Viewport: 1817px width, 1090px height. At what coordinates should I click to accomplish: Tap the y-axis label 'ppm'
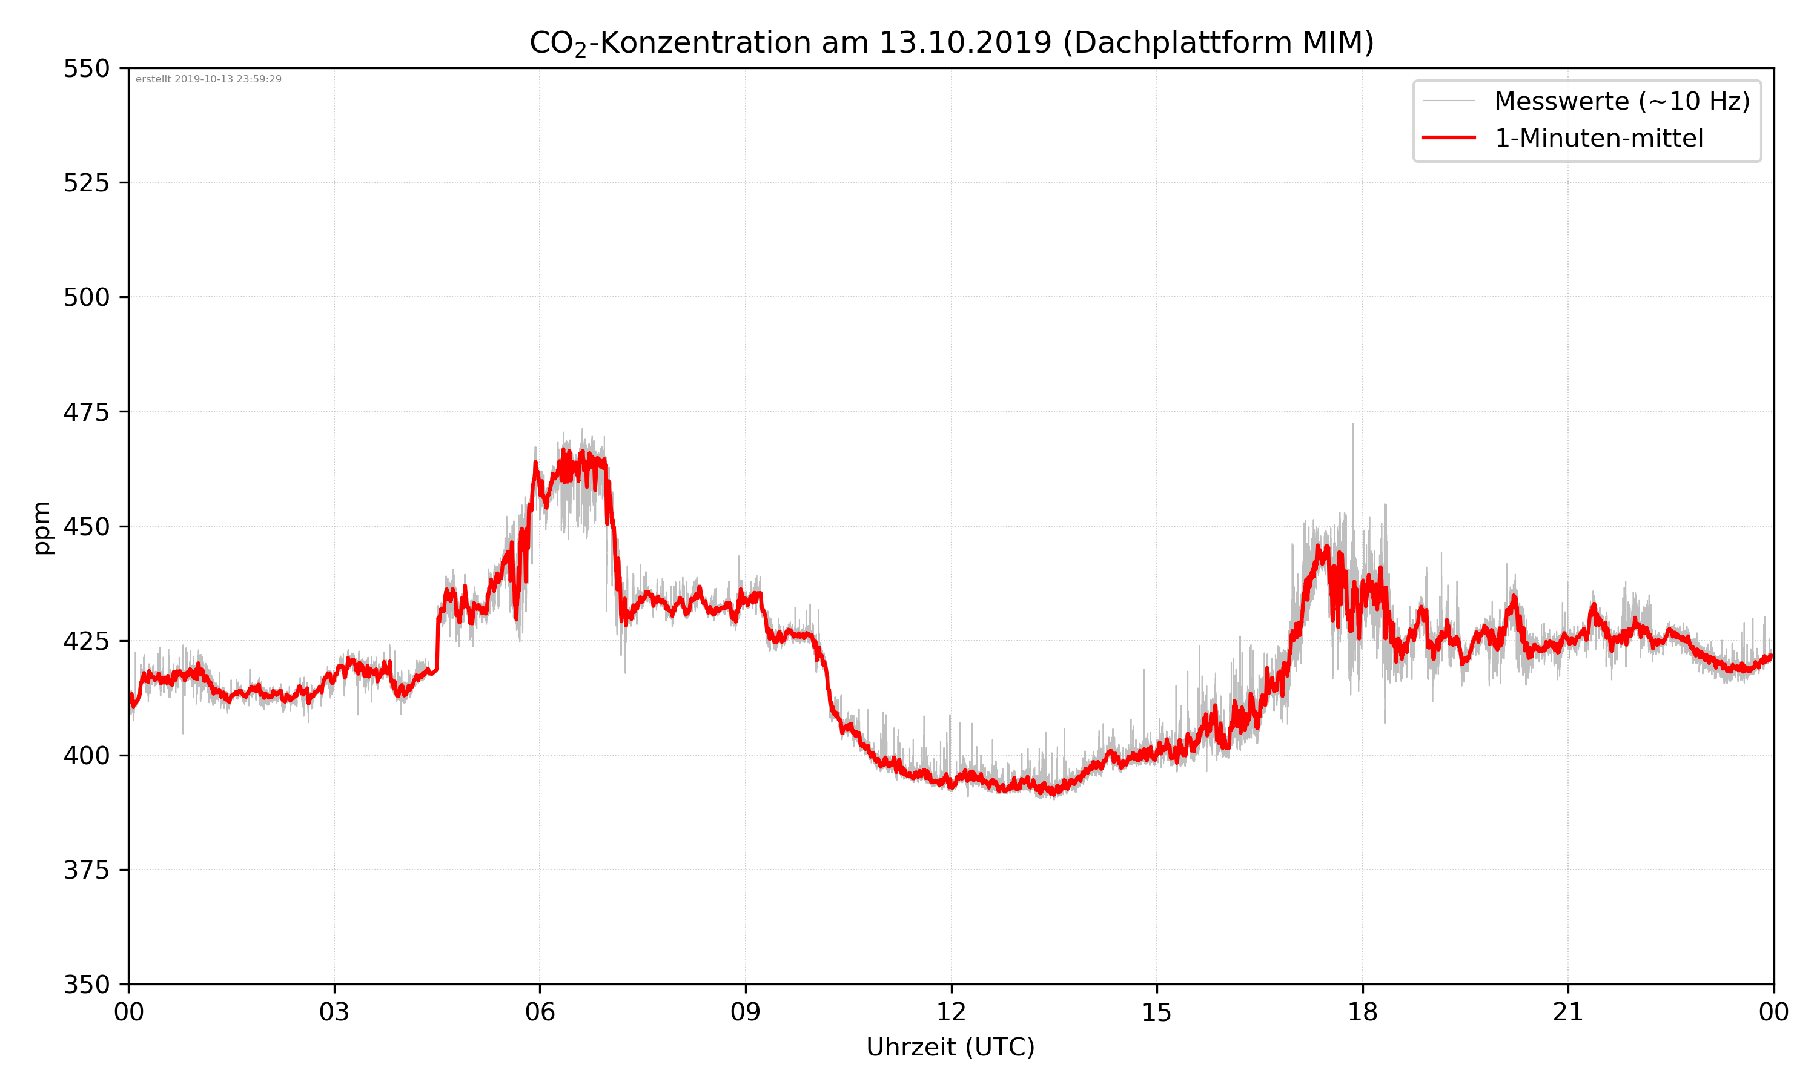[42, 527]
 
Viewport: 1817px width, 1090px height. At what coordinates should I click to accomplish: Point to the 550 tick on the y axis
[86, 68]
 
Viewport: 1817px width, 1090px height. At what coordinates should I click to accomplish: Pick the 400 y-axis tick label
[86, 756]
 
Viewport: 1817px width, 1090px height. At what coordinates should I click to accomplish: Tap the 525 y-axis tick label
[86, 183]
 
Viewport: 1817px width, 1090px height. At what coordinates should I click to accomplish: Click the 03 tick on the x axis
[334, 1012]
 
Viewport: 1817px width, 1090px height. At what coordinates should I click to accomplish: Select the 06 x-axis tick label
[540, 1012]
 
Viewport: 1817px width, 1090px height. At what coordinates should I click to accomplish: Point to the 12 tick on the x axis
[951, 1012]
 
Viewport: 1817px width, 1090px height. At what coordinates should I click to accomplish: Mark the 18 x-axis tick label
[1362, 1012]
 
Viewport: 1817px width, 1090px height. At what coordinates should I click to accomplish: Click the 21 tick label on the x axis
[1568, 1012]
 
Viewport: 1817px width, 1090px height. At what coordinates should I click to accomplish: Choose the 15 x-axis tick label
[1157, 1012]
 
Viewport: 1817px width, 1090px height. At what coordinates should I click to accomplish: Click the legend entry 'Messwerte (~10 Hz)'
[1621, 101]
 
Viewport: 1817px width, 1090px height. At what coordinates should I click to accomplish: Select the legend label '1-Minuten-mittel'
[1598, 138]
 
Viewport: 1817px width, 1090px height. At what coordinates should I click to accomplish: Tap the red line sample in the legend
[1448, 137]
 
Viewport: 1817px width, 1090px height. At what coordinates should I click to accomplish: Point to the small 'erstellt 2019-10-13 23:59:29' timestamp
[208, 79]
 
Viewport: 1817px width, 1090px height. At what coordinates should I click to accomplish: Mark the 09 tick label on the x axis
[746, 1012]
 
